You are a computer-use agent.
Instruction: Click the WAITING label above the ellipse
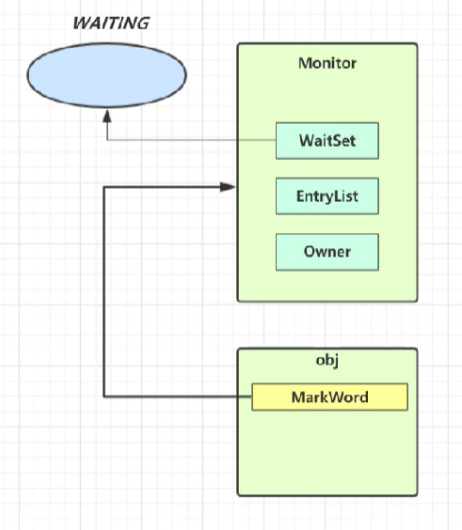[x=111, y=23]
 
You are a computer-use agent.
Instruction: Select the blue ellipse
[x=106, y=75]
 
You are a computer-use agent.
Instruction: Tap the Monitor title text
[x=327, y=63]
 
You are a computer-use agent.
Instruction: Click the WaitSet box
[x=327, y=141]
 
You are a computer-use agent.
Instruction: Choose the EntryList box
[x=327, y=196]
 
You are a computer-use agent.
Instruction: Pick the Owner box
[x=327, y=252]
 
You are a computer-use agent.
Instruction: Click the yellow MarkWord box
[x=330, y=397]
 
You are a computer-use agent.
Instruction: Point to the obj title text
[x=327, y=361]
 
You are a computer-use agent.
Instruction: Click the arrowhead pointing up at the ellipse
[x=107, y=117]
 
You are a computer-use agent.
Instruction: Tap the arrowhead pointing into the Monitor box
[x=228, y=187]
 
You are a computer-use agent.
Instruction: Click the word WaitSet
[x=327, y=141]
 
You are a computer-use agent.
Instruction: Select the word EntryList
[x=327, y=196]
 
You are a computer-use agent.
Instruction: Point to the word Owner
[x=327, y=252]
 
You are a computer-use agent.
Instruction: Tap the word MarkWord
[x=330, y=397]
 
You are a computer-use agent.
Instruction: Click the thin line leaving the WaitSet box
[x=192, y=140]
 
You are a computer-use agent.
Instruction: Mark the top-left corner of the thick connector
[x=104, y=187]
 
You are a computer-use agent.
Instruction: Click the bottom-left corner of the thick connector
[x=104, y=397]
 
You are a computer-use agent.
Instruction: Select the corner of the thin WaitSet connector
[x=107, y=140]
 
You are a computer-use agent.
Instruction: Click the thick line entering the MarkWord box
[x=178, y=397]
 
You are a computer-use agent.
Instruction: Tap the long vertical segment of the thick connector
[x=104, y=291]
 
